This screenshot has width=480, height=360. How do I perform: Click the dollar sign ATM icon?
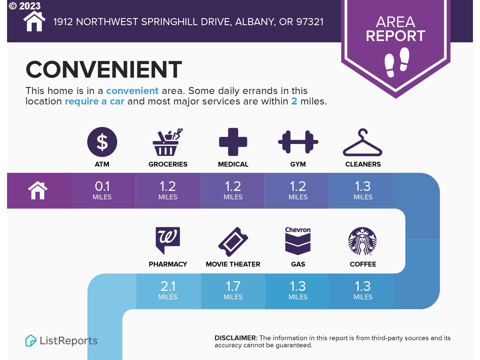click(102, 142)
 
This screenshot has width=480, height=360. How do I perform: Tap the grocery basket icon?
click(167, 142)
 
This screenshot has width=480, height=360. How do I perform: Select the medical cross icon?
click(233, 142)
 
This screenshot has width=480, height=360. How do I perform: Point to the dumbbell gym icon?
click(298, 142)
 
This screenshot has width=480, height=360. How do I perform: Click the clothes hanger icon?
click(363, 143)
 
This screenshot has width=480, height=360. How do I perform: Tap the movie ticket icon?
click(233, 242)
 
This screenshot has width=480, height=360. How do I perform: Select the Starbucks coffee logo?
click(363, 241)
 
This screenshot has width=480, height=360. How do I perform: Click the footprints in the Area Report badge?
click(397, 62)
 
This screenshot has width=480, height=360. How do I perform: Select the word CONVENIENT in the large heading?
click(104, 69)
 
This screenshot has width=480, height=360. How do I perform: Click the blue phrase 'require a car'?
click(95, 101)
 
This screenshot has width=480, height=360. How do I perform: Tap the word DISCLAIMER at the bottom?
click(236, 338)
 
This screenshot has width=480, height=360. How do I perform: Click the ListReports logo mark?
click(31, 341)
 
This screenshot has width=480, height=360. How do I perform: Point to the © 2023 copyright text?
click(25, 6)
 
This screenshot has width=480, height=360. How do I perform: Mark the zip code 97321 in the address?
click(310, 22)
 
